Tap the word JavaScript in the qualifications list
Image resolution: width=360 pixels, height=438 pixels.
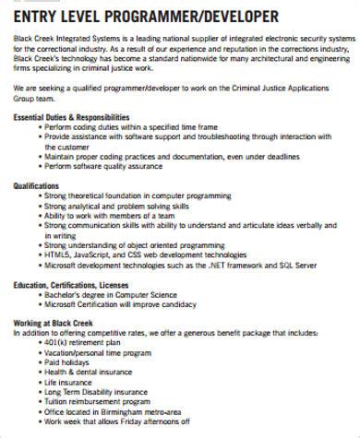[x=96, y=255]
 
